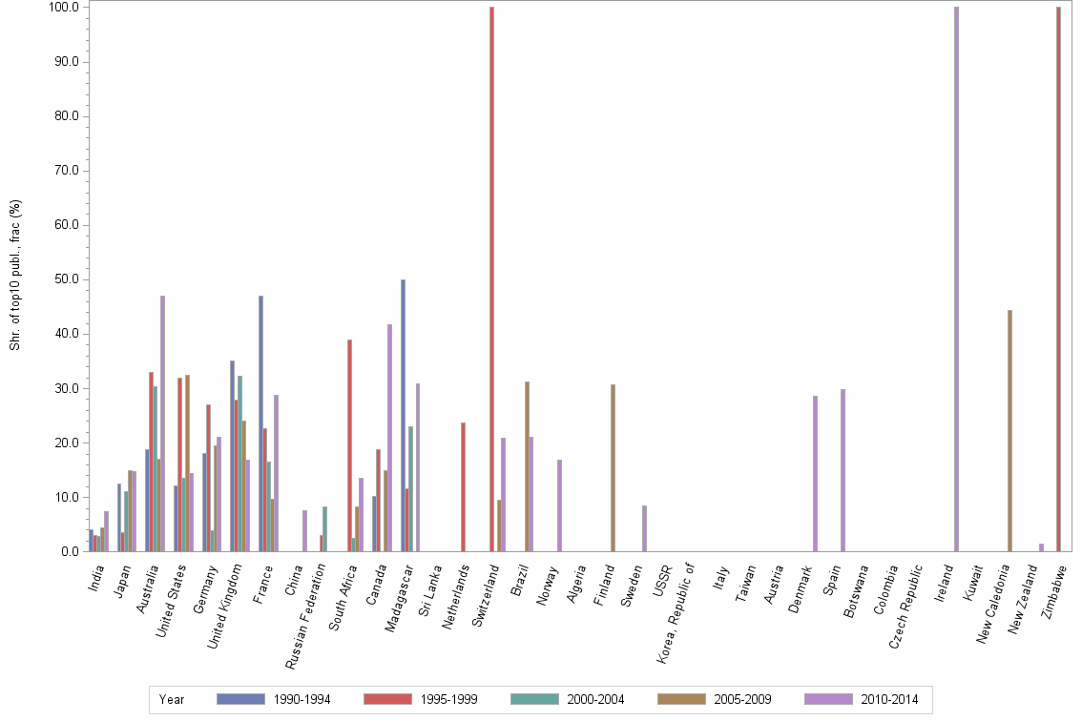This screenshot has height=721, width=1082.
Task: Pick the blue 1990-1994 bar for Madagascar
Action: [403, 415]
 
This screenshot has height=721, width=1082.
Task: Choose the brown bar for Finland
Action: [613, 467]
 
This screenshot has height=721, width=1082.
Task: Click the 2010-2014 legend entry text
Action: [889, 699]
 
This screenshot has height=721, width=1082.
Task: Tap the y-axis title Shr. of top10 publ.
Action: [15, 275]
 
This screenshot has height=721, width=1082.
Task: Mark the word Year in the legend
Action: [172, 699]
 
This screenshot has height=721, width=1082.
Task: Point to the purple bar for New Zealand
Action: [1041, 547]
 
